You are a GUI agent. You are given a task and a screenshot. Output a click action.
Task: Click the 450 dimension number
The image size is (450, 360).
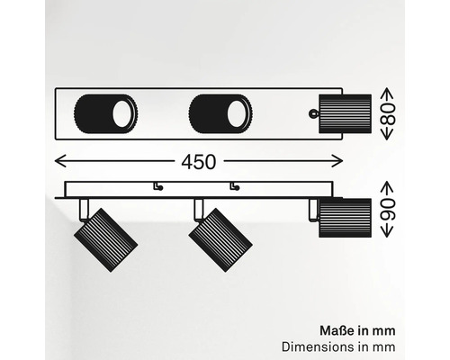[199, 162]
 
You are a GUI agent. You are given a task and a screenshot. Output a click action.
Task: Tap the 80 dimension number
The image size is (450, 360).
[387, 114]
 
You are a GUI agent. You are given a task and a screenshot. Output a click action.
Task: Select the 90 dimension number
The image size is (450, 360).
[387, 210]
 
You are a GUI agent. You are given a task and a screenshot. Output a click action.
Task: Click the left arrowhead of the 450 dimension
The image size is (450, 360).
[60, 161]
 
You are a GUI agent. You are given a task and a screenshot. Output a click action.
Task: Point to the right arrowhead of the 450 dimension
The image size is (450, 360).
[337, 161]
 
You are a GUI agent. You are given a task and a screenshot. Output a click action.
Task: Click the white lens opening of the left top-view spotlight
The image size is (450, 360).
[121, 113]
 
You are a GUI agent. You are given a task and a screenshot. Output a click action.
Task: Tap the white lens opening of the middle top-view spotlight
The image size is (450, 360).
[237, 113]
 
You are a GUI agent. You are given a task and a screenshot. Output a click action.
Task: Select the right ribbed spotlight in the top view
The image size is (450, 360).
[345, 113]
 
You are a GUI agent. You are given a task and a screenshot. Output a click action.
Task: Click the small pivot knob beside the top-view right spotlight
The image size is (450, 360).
[313, 113]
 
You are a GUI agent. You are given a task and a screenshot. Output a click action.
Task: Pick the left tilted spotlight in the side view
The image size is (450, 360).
[105, 240]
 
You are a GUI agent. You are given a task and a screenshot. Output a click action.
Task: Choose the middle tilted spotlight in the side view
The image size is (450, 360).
[220, 240]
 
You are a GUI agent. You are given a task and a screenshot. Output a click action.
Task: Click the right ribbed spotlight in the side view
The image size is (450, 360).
[345, 218]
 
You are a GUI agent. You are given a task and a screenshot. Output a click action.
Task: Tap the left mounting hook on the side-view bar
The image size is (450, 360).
[158, 186]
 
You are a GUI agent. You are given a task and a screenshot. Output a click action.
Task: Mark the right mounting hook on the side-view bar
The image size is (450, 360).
[235, 186]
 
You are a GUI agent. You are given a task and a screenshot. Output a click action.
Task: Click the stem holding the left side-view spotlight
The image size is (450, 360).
[84, 210]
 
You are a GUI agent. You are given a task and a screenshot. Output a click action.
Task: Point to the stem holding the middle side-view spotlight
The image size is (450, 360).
[199, 210]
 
